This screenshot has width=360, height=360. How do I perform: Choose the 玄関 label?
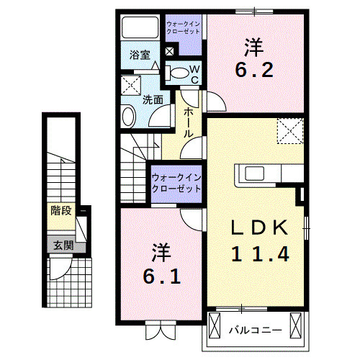pos(60,246)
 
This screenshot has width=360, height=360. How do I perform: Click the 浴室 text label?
pos(139,55)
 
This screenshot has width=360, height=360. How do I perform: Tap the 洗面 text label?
pos(151,99)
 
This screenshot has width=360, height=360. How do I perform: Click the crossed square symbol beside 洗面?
pos(130,84)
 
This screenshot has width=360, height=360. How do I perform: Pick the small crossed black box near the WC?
pos(170,51)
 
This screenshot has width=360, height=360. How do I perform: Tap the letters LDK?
pos(260,228)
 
